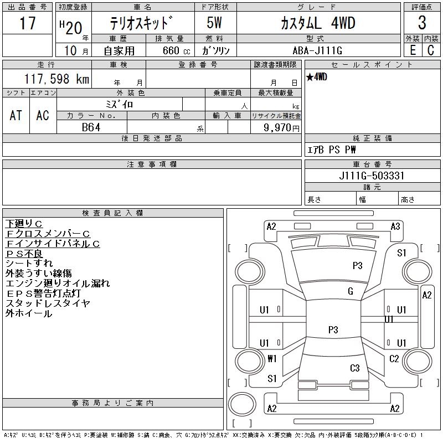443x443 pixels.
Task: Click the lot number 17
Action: click(27, 24)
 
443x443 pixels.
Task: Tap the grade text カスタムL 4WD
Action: click(310, 24)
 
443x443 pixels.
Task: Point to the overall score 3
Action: click(421, 24)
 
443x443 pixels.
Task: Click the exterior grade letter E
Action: click(413, 50)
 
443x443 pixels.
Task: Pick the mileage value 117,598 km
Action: click(55, 80)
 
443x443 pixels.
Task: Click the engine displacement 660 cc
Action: click(169, 50)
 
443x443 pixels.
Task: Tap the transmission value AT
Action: click(16, 115)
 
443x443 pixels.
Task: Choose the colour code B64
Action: click(91, 127)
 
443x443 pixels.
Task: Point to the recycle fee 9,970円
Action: click(282, 127)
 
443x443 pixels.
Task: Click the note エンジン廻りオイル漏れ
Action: click(58, 284)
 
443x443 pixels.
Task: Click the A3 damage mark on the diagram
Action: click(395, 226)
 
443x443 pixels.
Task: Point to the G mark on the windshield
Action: click(350, 291)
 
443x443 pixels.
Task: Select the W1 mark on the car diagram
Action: click(271, 359)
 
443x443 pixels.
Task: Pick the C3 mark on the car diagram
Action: click(355, 368)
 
